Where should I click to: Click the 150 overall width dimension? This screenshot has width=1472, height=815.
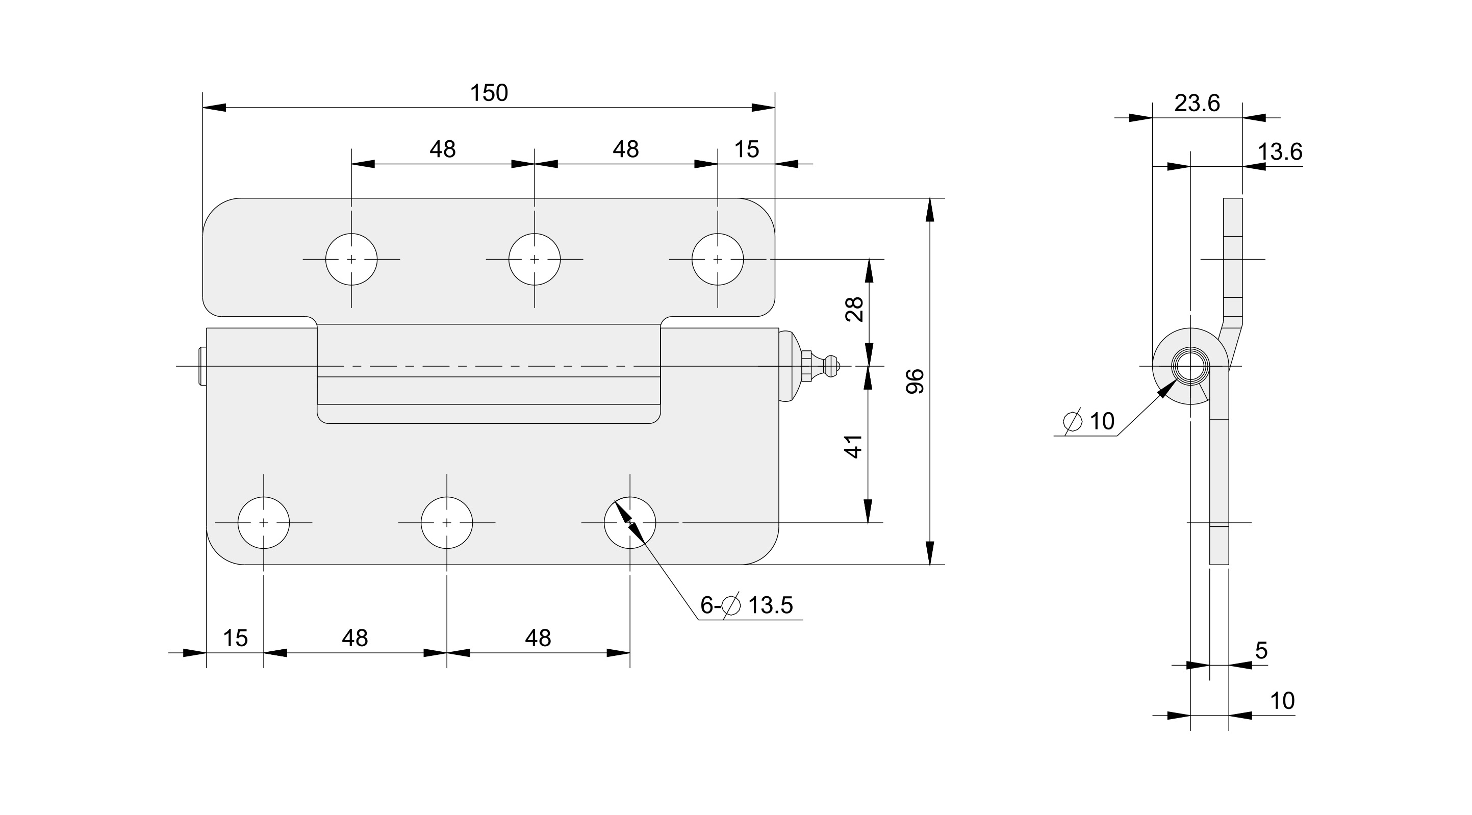489,93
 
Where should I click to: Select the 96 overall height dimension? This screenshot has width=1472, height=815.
916,380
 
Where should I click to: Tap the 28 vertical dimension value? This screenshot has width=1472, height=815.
854,309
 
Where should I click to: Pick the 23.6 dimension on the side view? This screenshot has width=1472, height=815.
1197,104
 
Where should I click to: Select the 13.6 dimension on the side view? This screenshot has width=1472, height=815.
1279,152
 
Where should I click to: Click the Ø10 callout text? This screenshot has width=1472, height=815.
1088,421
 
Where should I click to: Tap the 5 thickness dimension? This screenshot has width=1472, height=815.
1261,650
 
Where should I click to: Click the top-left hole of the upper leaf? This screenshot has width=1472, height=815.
351,259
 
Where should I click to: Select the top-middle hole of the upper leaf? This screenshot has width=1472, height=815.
535,259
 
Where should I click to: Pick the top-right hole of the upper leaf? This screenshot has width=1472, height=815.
718,259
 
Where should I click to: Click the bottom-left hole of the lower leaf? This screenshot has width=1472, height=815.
263,522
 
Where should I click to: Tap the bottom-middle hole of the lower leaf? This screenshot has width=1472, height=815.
447,522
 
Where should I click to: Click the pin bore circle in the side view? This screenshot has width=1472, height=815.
1190,366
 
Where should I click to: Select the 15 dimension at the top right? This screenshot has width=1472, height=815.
746,150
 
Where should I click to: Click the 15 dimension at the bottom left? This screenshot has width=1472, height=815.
235,638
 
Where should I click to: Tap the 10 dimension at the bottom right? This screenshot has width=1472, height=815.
1282,701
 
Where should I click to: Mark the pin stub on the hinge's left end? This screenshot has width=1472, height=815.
201,365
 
